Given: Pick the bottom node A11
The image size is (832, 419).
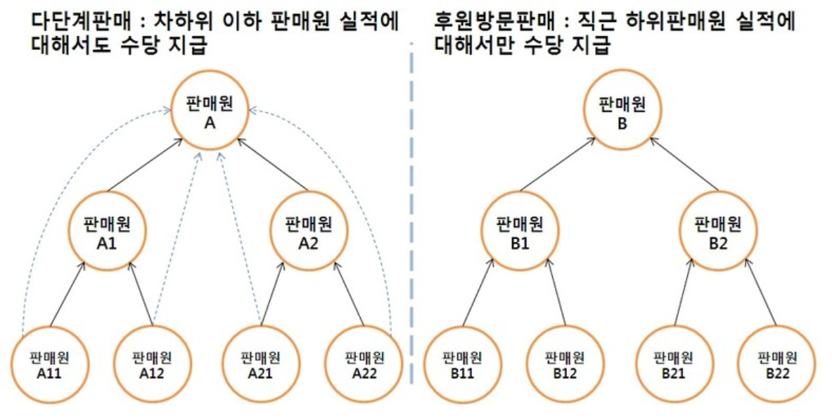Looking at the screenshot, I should click(x=51, y=363).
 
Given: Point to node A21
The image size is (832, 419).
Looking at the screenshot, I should click(x=260, y=363).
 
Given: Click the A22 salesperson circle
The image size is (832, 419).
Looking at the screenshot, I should click(x=364, y=363).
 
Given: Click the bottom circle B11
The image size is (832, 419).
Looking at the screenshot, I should click(x=462, y=363).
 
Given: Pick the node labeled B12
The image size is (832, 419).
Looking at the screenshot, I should click(x=566, y=363).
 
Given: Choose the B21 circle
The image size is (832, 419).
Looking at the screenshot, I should click(x=673, y=363).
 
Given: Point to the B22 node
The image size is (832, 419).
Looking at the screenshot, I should click(x=777, y=363).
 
